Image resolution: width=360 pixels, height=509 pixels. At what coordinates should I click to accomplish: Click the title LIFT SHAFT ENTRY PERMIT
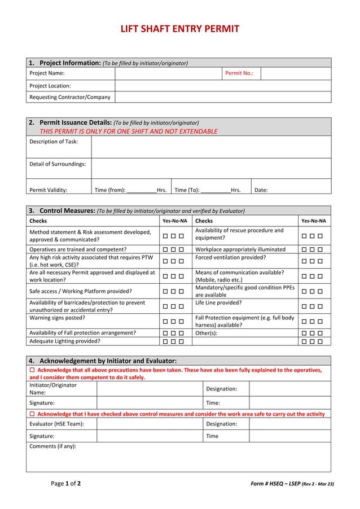click(x=179, y=29)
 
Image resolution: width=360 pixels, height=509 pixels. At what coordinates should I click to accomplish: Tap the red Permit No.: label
click(x=239, y=73)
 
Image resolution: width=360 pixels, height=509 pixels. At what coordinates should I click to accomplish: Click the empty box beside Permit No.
click(x=295, y=73)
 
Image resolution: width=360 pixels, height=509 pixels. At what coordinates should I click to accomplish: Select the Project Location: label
click(x=50, y=86)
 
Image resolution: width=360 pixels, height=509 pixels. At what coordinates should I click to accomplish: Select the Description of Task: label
click(x=54, y=141)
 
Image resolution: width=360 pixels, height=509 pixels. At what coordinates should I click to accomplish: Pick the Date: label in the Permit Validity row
click(x=261, y=190)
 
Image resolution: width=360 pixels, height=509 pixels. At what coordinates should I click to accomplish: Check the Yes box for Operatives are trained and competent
click(x=165, y=249)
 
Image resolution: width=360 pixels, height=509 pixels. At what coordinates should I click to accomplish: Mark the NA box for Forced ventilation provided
click(x=320, y=261)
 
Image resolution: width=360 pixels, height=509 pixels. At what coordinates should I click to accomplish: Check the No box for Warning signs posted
click(x=173, y=322)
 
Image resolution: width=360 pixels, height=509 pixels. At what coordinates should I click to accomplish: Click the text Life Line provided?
click(x=218, y=303)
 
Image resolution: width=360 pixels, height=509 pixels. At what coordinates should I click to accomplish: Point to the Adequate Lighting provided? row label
click(x=65, y=341)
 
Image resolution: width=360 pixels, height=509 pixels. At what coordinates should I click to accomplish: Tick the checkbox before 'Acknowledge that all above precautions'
click(x=32, y=370)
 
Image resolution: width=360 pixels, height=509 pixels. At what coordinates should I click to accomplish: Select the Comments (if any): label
click(x=52, y=446)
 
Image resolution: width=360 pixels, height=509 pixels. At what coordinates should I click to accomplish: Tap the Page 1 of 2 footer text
click(x=65, y=484)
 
